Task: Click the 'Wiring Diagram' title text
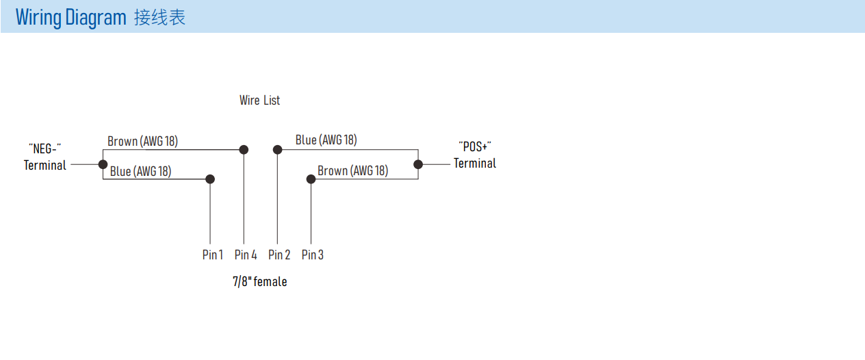click(x=70, y=18)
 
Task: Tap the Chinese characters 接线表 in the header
click(x=160, y=17)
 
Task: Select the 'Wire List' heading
click(x=259, y=101)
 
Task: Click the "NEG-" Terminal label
click(x=44, y=157)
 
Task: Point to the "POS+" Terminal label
click(x=475, y=155)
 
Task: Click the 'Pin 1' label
click(x=213, y=255)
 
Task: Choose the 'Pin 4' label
click(x=246, y=255)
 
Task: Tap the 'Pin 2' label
click(x=279, y=255)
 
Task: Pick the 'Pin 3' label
click(x=313, y=255)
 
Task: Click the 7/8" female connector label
click(x=260, y=281)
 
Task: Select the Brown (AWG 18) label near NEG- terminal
click(x=142, y=142)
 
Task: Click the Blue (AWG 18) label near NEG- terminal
click(x=140, y=171)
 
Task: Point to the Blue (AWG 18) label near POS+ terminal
click(x=326, y=140)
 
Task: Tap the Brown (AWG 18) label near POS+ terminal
click(x=353, y=170)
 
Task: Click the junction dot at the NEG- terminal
click(x=103, y=164)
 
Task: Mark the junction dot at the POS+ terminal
click(x=418, y=164)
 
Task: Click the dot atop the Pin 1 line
click(x=210, y=179)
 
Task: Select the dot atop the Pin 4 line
click(x=244, y=150)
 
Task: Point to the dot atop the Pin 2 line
click(x=277, y=150)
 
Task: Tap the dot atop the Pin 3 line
click(x=311, y=179)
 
